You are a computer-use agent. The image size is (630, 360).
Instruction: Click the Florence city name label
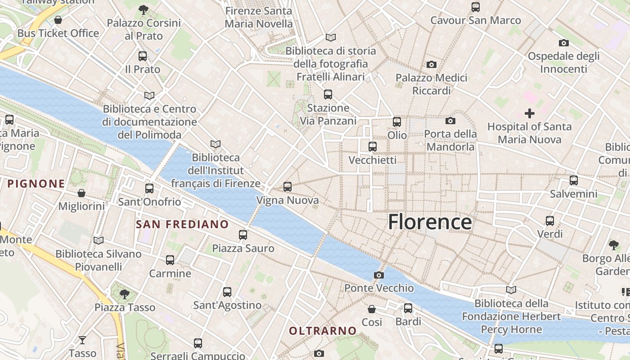pyautogui.click(x=430, y=222)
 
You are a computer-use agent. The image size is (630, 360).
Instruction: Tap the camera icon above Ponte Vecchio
pyautogui.click(x=379, y=275)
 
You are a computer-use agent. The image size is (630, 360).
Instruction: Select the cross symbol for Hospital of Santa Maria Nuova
pyautogui.click(x=530, y=113)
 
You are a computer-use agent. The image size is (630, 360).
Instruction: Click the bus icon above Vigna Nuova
pyautogui.click(x=288, y=186)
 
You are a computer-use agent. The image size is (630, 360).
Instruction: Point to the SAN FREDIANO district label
pyautogui.click(x=182, y=224)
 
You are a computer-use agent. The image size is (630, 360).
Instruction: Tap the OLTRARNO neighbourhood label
pyautogui.click(x=323, y=331)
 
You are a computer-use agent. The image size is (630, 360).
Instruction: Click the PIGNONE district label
pyautogui.click(x=36, y=184)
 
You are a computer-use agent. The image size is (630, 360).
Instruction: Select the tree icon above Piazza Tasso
pyautogui.click(x=125, y=294)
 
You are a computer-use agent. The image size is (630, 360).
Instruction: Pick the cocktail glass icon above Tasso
pyautogui.click(x=82, y=340)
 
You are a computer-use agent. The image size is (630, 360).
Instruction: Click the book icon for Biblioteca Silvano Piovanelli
pyautogui.click(x=99, y=241)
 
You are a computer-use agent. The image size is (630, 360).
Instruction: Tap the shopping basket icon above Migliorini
pyautogui.click(x=81, y=193)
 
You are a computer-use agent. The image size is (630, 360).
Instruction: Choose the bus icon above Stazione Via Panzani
pyautogui.click(x=328, y=94)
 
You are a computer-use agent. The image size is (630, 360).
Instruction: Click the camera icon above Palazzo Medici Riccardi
pyautogui.click(x=432, y=65)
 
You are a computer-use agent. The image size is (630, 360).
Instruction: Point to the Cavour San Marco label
pyautogui.click(x=476, y=20)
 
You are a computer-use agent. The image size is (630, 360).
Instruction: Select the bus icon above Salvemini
pyautogui.click(x=574, y=180)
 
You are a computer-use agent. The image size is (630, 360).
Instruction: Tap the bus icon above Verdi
pyautogui.click(x=550, y=221)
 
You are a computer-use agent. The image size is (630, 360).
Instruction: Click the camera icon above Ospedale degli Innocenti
pyautogui.click(x=564, y=43)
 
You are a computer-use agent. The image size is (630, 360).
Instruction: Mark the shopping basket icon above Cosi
pyautogui.click(x=372, y=309)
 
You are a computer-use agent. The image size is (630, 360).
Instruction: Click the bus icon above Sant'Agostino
pyautogui.click(x=227, y=292)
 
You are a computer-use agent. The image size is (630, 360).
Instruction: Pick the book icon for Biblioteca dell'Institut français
pyautogui.click(x=216, y=144)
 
